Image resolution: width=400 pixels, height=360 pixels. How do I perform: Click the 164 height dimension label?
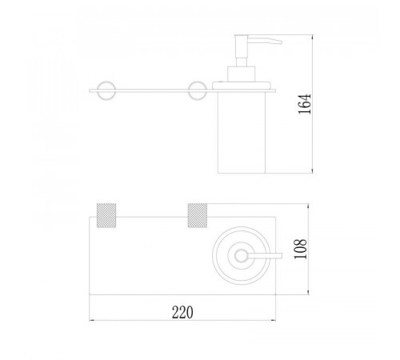click(x=304, y=104)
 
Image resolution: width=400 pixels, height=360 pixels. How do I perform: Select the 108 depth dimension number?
click(x=300, y=249)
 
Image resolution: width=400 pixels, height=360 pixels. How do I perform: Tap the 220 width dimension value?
click(x=182, y=312)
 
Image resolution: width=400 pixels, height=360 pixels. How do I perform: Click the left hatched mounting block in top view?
click(x=106, y=215)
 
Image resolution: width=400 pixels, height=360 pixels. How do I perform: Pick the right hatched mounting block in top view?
click(x=198, y=215)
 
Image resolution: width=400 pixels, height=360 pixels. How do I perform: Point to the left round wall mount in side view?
click(x=106, y=90)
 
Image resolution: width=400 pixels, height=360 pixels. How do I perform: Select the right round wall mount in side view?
click(x=198, y=90)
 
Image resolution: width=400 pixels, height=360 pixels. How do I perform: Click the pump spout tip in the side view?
click(x=282, y=42)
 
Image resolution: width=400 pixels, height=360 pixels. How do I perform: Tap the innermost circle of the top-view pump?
click(x=241, y=256)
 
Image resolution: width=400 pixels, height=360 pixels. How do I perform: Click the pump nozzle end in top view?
click(x=282, y=256)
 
